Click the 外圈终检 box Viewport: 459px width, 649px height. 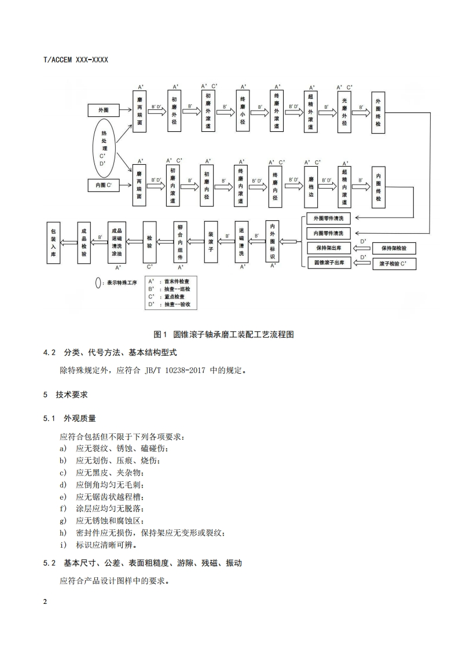[x=378, y=113]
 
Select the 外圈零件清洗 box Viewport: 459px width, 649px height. [x=328, y=219]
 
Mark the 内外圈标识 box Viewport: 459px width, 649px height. [x=273, y=241]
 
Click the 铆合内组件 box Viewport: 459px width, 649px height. [x=180, y=241]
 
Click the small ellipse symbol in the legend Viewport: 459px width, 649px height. [x=98, y=283]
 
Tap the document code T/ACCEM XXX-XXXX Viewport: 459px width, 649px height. [x=76, y=60]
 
